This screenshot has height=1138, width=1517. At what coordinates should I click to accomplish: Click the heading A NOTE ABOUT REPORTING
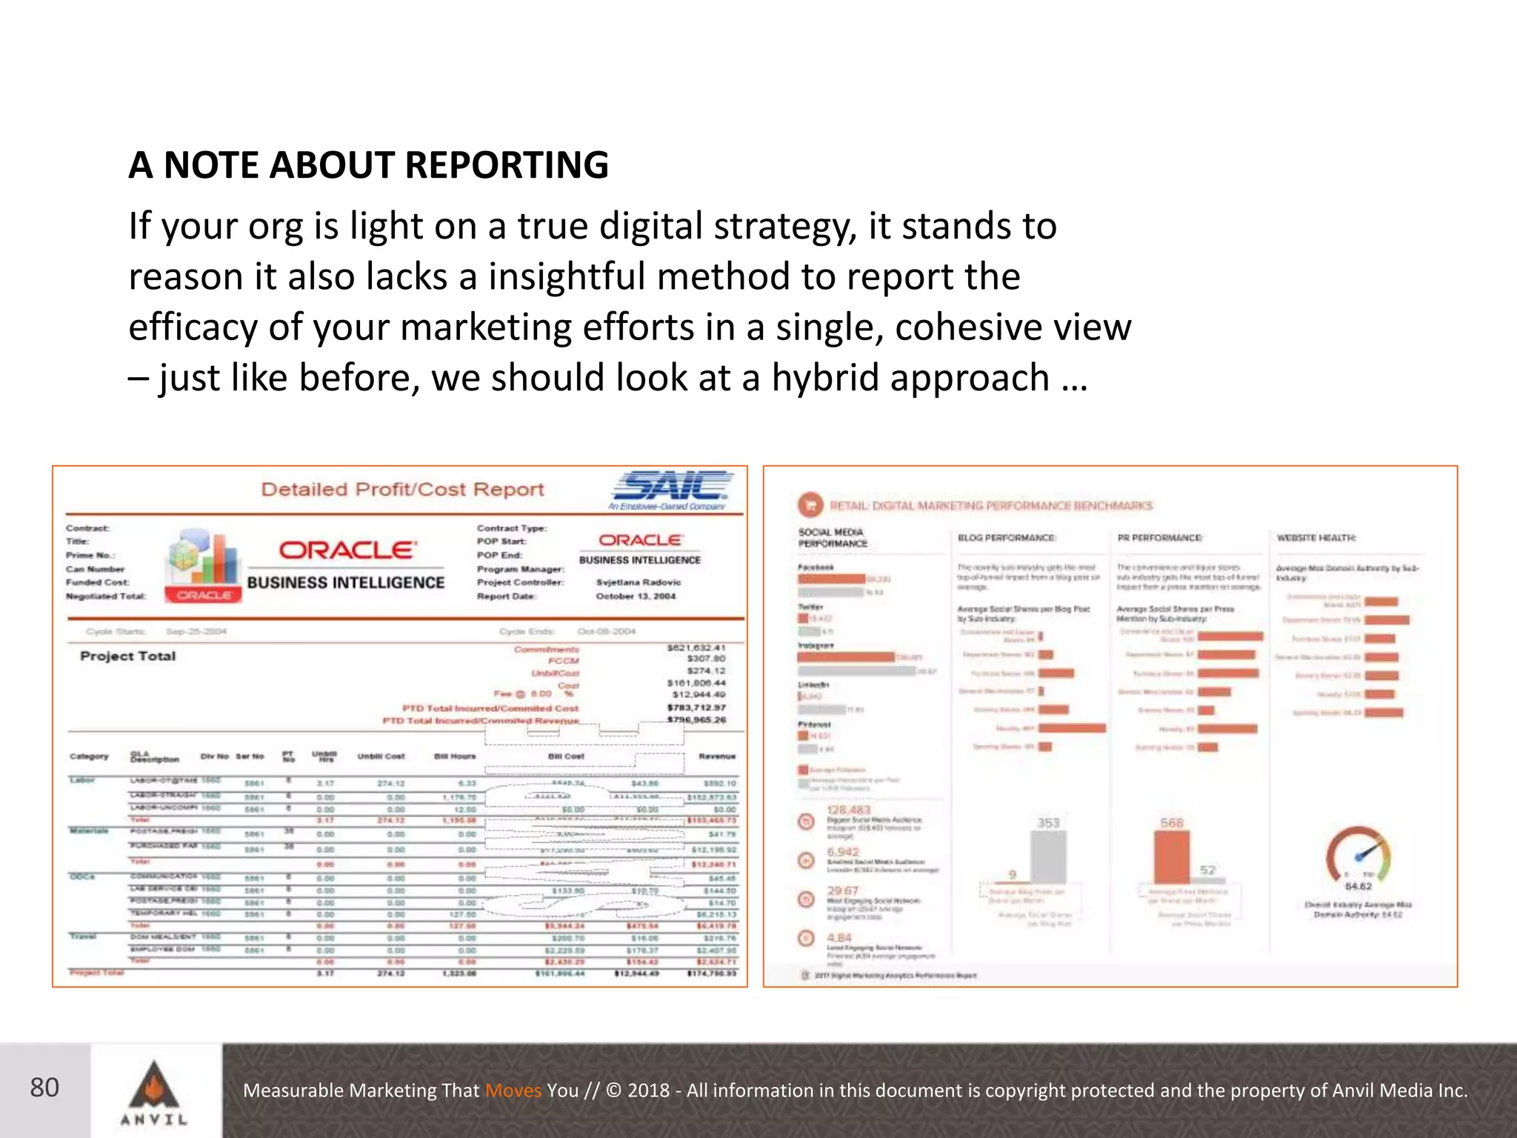pos(368,164)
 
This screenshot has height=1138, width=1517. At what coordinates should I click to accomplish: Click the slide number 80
pos(44,1088)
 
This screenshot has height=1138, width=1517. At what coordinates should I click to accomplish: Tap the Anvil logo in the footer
pos(154,1092)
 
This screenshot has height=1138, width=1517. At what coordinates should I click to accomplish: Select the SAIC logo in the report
pos(670,488)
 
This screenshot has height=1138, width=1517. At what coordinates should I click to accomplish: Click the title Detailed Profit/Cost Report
pos(402,490)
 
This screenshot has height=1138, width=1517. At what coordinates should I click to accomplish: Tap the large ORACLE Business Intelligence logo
pos(346,565)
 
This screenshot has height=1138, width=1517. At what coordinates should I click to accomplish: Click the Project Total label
pos(127,656)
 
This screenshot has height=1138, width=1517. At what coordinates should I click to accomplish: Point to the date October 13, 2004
pos(636,596)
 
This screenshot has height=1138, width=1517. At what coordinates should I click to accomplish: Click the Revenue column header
pos(716,756)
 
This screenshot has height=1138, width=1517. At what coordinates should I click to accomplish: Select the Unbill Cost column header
pos(381,756)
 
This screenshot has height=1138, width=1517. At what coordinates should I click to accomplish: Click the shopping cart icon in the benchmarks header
pos(810,505)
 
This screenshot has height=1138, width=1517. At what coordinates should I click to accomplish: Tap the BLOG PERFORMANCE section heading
pos(1007,538)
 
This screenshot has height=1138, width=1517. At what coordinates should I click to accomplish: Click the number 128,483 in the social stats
pos(849,811)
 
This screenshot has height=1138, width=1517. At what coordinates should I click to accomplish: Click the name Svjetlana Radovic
pos(638,582)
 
